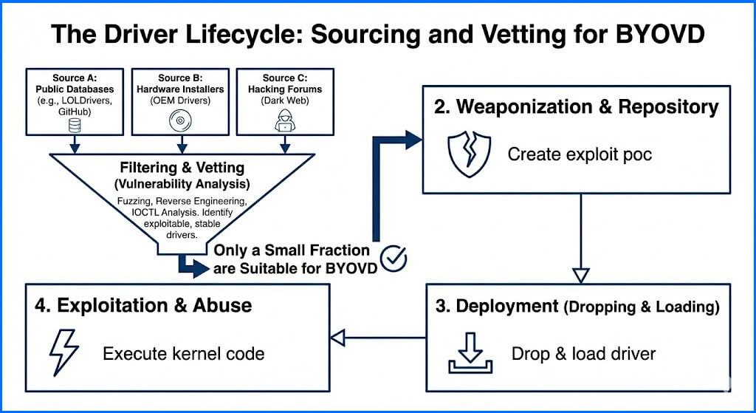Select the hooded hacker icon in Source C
click(284, 123)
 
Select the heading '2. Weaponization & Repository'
click(577, 106)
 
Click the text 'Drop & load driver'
click(583, 354)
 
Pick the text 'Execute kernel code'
click(183, 354)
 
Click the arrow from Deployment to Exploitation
click(377, 338)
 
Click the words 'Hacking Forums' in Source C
click(284, 89)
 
